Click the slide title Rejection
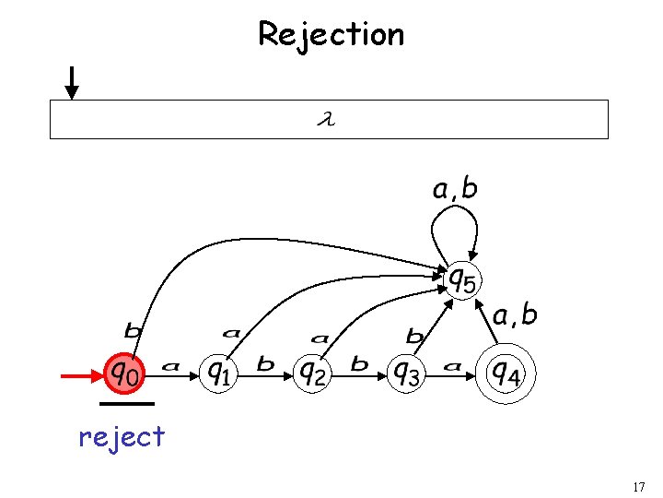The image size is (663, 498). click(x=331, y=34)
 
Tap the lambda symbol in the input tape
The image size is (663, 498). click(x=324, y=119)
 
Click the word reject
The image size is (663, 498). click(x=122, y=435)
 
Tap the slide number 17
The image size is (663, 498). click(x=640, y=486)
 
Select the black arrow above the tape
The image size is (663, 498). click(x=72, y=82)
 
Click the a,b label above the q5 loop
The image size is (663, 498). click(x=455, y=190)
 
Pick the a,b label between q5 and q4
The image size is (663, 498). click(x=515, y=315)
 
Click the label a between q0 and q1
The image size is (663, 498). click(x=170, y=366)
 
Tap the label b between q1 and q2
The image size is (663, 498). click(x=265, y=364)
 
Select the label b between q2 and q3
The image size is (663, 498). click(x=359, y=364)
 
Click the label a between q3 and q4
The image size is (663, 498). click(x=451, y=366)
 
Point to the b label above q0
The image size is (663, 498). click(x=134, y=329)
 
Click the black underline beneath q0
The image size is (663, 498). click(x=127, y=403)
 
